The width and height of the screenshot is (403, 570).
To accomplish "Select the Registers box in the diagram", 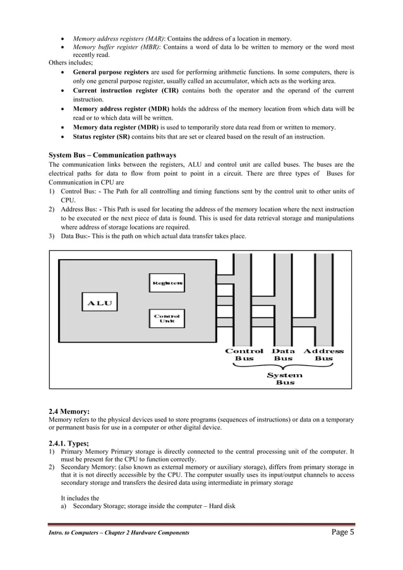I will point(167,283).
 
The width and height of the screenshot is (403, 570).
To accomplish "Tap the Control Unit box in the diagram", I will point(167,318).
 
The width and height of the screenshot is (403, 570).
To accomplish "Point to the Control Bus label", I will point(244,355).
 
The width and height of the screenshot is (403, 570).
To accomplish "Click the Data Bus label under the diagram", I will point(283,355).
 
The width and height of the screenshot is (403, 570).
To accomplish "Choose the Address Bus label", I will point(323,355).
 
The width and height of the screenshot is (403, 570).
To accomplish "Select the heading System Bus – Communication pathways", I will point(112,155).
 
